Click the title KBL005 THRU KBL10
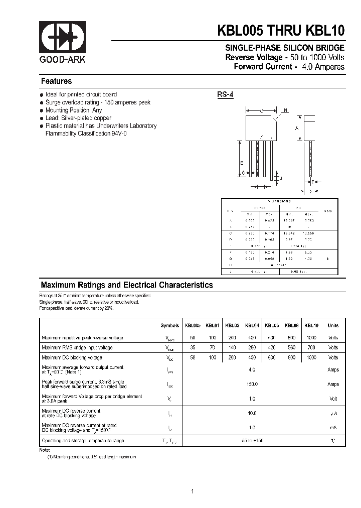[280, 31]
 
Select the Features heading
[56, 81]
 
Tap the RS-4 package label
[225, 94]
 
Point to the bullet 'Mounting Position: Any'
[73, 110]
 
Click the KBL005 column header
[193, 326]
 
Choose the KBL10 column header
[311, 326]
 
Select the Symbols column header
[169, 326]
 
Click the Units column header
[333, 326]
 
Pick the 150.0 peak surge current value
[252, 384]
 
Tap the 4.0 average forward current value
[252, 369]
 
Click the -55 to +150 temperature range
[252, 441]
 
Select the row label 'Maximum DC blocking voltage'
[72, 358]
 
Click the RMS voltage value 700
[311, 347]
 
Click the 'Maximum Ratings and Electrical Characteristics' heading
[126, 285]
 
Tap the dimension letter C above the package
[262, 110]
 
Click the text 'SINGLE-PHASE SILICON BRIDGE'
[284, 48]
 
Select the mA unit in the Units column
[333, 428]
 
